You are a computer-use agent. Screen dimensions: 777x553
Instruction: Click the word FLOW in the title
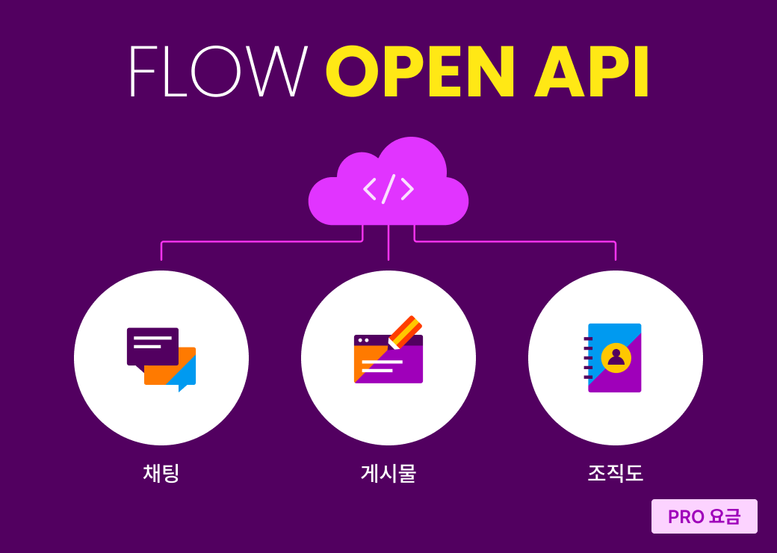(x=219, y=71)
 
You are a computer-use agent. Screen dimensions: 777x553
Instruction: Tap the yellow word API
(x=591, y=71)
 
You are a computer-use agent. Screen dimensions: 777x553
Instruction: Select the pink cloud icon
(x=388, y=181)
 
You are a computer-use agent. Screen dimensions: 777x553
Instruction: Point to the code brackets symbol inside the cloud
(x=388, y=189)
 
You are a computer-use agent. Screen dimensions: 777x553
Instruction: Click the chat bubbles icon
(x=161, y=359)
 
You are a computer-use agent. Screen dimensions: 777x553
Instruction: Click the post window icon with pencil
(x=388, y=350)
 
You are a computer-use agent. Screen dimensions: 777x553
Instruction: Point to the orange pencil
(x=406, y=332)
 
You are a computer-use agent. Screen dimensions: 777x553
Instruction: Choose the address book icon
(x=613, y=358)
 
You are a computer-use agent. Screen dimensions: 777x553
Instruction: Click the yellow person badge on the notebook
(x=616, y=357)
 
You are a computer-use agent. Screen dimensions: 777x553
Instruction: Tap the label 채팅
(x=161, y=473)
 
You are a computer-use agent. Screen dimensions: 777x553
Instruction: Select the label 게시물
(x=388, y=473)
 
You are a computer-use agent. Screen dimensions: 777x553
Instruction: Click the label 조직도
(x=616, y=473)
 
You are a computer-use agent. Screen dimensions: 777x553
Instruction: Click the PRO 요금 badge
(x=704, y=516)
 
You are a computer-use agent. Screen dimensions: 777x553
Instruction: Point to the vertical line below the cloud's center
(x=388, y=243)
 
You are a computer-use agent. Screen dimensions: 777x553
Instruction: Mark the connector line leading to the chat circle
(x=261, y=242)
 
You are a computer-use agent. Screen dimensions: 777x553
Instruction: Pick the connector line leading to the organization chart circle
(x=515, y=242)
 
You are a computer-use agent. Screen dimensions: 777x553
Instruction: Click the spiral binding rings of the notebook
(x=588, y=358)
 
